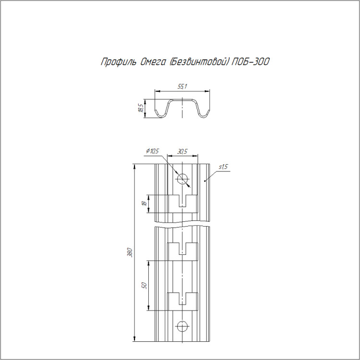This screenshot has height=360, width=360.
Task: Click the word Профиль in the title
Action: [x=118, y=62]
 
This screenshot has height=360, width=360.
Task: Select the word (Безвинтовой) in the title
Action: [x=199, y=62]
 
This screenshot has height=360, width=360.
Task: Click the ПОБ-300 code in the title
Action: [x=251, y=61]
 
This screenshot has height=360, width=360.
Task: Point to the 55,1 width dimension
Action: [x=182, y=86]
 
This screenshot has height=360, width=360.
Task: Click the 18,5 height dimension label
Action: [x=141, y=108]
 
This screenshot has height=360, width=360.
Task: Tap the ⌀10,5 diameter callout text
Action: [x=152, y=151]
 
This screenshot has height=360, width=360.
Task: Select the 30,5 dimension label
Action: [x=182, y=151]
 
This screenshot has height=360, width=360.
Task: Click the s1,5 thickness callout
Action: [x=223, y=167]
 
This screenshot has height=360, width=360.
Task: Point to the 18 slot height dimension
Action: [x=144, y=203]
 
